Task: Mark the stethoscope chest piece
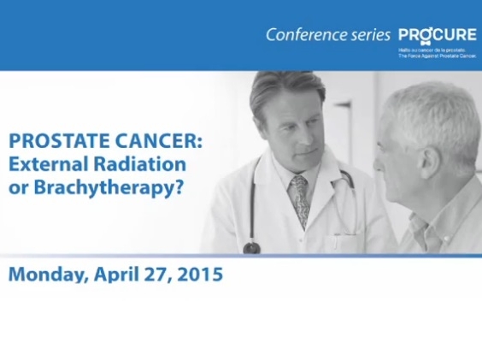pos(252,247)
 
